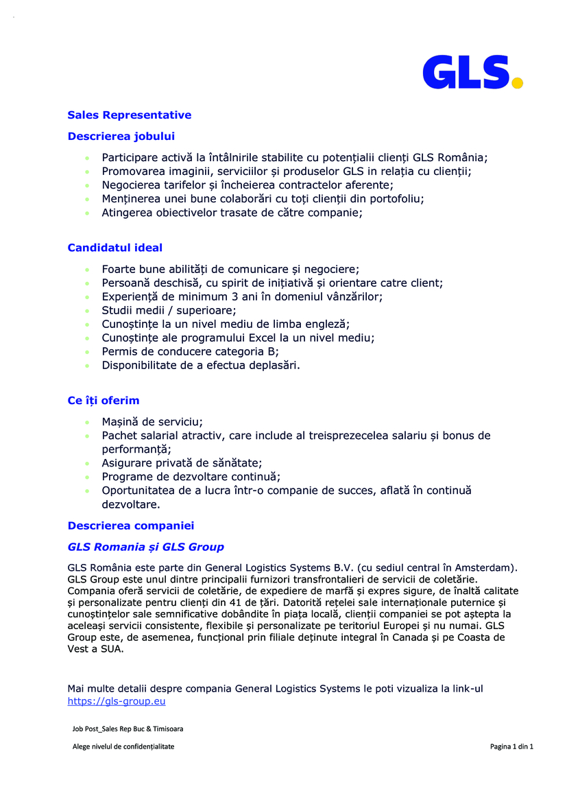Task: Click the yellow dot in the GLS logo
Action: [518, 83]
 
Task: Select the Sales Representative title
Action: [129, 115]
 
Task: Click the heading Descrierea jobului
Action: [121, 136]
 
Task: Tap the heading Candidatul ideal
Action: [114, 247]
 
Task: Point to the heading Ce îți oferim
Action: [103, 400]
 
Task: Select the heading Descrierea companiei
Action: [130, 526]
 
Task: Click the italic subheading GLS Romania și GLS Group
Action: [145, 547]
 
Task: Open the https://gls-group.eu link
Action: [116, 701]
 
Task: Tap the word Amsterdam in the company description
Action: [485, 567]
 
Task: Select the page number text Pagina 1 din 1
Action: [511, 746]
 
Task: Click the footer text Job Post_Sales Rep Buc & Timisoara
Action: [128, 729]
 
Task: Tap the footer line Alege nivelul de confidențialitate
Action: [123, 746]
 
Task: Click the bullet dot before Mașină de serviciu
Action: [86, 422]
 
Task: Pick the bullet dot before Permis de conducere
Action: [86, 352]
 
